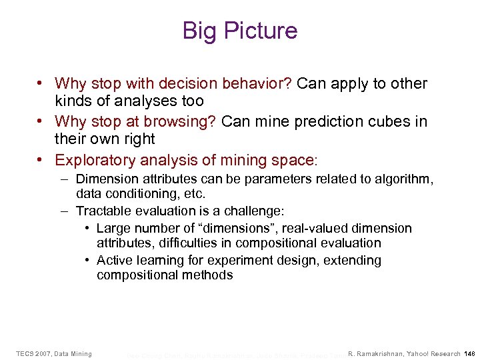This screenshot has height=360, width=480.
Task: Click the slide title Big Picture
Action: pos(240,31)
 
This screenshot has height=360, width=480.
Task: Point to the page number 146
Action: pos(469,353)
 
